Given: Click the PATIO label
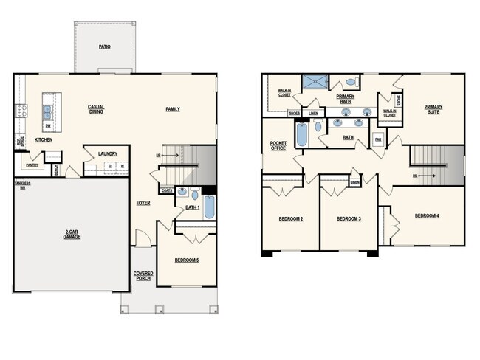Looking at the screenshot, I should pos(105,46).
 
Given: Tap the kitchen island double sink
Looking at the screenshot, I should pos(47,112).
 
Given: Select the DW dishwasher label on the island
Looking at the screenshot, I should pos(47,126).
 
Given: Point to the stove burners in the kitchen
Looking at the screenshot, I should pos(21,111).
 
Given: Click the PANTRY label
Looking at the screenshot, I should pos(32,165).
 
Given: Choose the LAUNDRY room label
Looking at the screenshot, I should pos(108,153).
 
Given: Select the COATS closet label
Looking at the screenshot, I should pos(167,188).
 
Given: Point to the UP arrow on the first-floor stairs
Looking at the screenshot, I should pos(158,156).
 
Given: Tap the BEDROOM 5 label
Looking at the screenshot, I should pos(186,260).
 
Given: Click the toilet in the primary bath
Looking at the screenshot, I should pos(351,83).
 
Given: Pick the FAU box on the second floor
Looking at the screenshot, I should pos(378,139).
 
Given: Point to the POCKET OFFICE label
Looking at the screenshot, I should pos(278,145).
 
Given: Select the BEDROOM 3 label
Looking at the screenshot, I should pos(349,219).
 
